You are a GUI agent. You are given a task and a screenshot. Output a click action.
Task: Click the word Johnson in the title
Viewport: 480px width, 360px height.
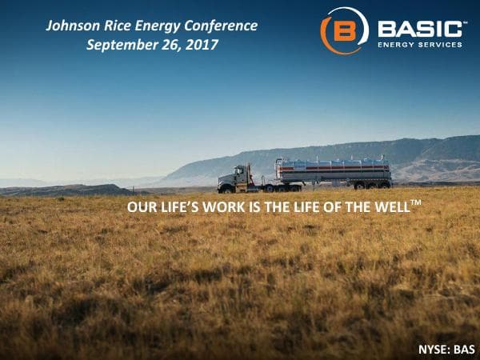73,26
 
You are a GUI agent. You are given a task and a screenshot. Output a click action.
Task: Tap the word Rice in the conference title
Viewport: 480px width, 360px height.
120,26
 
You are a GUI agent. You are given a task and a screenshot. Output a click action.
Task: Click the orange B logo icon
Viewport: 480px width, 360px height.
343,30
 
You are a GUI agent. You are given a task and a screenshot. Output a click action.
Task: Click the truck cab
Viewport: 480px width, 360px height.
238,178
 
